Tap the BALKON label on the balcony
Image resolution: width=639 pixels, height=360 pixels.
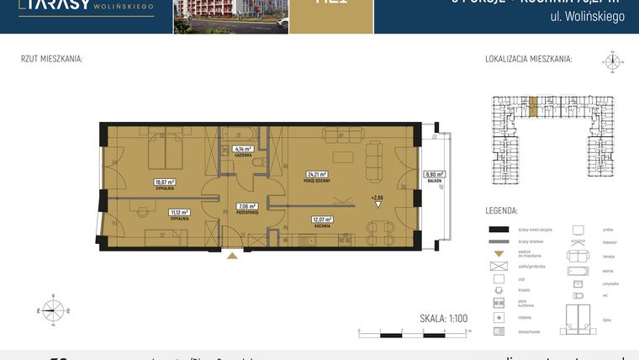tap(434, 181)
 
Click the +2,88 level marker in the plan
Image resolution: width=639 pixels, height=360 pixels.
tap(377, 198)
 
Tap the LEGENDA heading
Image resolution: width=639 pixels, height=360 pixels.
tap(501, 210)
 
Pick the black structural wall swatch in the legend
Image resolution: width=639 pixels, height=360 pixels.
tap(500, 229)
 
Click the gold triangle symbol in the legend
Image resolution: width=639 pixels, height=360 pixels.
tap(499, 253)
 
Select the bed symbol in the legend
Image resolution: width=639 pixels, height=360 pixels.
tap(579, 316)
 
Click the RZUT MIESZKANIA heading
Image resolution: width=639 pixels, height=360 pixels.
tap(51, 59)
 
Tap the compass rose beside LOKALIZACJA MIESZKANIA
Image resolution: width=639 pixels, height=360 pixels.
tap(611, 61)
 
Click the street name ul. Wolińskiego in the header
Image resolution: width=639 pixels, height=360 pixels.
tap(593, 17)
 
